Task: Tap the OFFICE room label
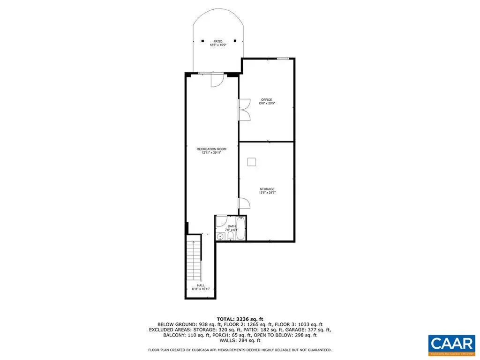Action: [266, 99]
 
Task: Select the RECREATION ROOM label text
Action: [209, 149]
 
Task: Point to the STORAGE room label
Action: [267, 189]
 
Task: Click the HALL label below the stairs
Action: [201, 285]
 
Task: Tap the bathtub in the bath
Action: [240, 228]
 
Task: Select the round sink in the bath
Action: [220, 236]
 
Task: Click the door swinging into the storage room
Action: [244, 203]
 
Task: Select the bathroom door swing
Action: [222, 221]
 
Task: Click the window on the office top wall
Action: [282, 58]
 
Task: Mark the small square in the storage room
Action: [252, 162]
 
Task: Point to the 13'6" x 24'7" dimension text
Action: [267, 193]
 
